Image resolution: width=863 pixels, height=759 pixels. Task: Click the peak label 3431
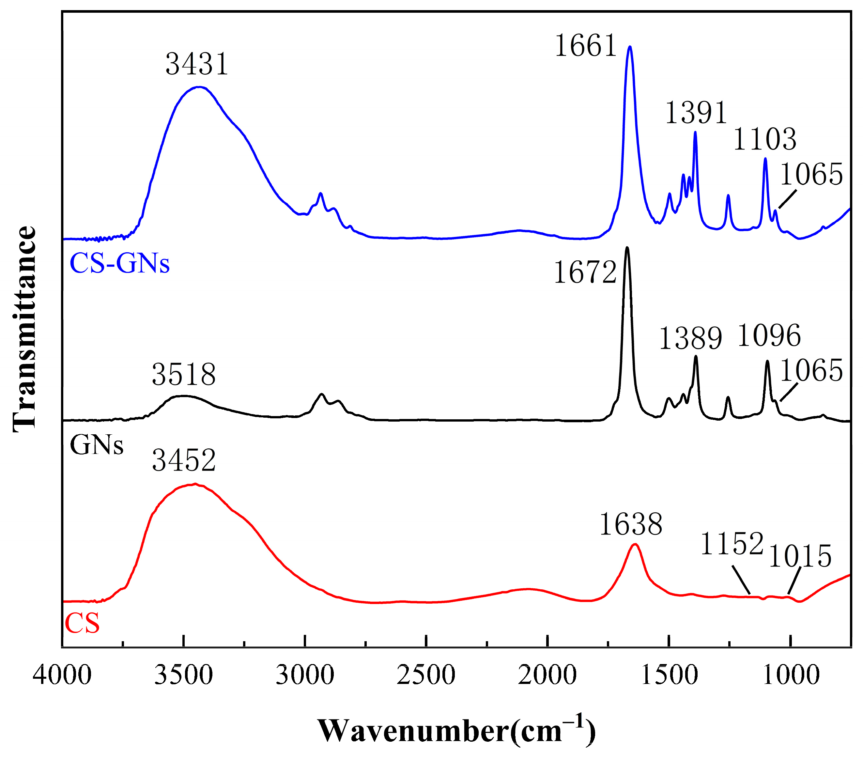tap(197, 64)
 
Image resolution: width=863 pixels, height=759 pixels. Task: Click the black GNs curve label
tap(97, 445)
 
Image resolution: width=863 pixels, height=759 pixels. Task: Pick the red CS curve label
tap(82, 624)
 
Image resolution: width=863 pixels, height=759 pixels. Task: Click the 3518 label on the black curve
tap(184, 375)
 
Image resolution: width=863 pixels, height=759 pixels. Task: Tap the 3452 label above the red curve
tap(184, 460)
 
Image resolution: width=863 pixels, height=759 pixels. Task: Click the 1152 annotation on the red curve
tap(732, 544)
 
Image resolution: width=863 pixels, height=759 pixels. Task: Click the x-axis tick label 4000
tap(62, 675)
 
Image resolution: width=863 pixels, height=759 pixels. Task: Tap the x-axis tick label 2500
tap(426, 675)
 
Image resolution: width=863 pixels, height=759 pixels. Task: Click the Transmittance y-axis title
tap(24, 329)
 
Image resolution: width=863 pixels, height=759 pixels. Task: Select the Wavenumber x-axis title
tap(456, 731)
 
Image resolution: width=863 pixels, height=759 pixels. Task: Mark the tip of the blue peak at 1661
tap(630, 47)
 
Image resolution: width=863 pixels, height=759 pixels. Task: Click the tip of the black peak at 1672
tap(627, 248)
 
